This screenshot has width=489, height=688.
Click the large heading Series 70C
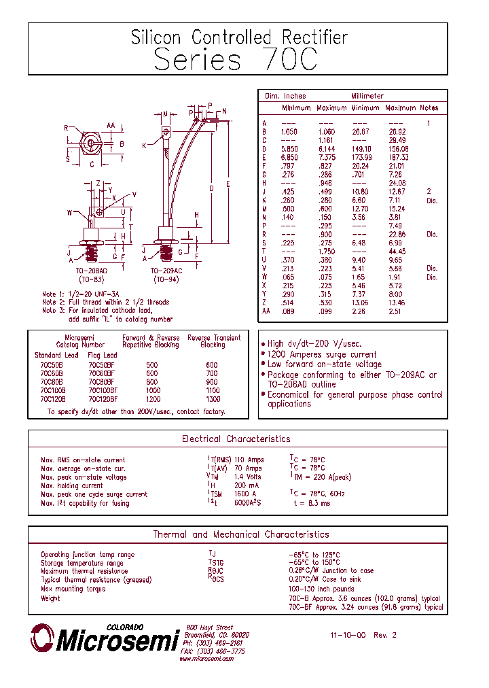pos(236,60)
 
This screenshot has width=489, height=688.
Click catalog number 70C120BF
pos(103,400)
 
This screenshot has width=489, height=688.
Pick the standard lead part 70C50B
pos(51,365)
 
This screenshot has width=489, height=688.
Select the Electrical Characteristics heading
pos(236,439)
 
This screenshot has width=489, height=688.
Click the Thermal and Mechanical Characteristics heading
pos(240,535)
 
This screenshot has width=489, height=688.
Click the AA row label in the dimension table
pos(266,311)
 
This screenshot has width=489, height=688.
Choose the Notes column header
pos(429,108)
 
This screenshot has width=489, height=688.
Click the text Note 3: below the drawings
pos(54,311)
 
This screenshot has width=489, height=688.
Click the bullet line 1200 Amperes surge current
pos(322,354)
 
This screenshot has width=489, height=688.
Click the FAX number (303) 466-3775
pos(213,651)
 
